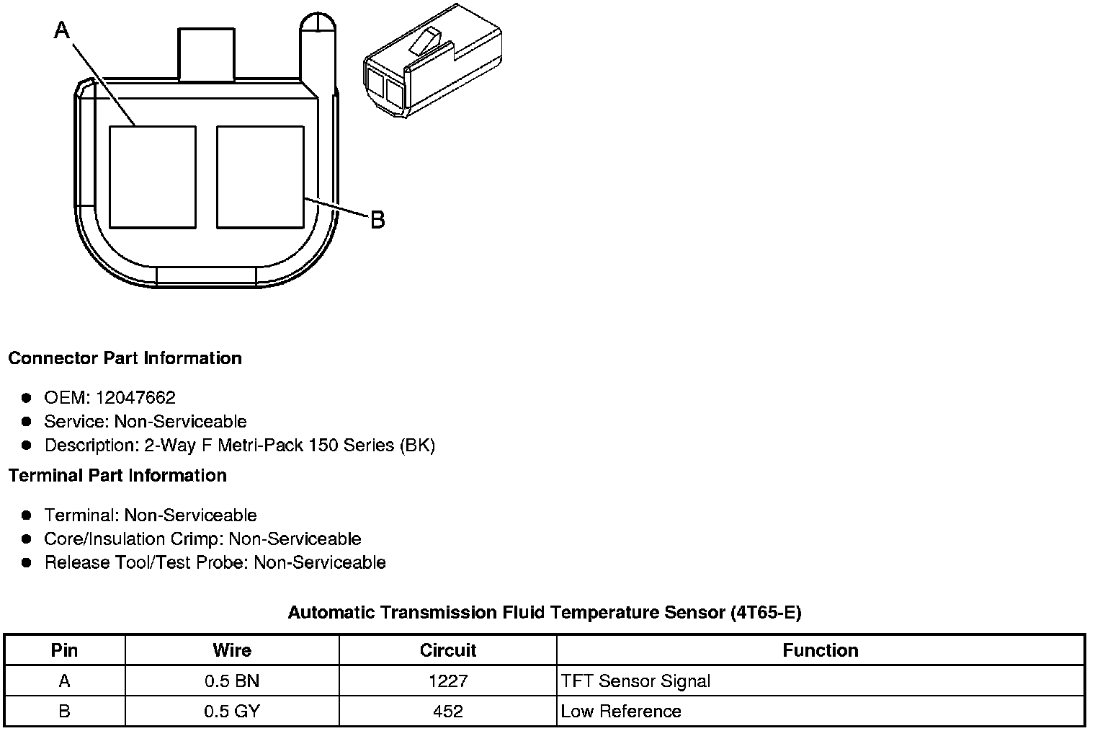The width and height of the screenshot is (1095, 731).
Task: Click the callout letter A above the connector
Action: click(x=63, y=30)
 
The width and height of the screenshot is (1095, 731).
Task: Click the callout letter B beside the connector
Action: click(x=377, y=219)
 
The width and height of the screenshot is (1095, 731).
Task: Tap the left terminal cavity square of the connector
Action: click(x=152, y=177)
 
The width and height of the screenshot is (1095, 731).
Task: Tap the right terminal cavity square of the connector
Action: click(x=260, y=177)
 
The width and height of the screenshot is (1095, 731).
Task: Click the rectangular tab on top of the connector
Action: click(x=206, y=55)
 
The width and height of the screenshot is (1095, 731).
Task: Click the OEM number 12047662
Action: click(x=135, y=398)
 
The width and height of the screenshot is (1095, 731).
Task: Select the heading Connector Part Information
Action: click(x=125, y=358)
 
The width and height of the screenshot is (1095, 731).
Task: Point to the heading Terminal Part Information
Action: click(x=117, y=476)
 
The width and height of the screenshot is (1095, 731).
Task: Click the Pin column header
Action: click(x=64, y=650)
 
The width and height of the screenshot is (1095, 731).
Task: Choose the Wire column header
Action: click(x=232, y=650)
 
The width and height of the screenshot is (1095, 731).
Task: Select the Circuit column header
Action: click(x=448, y=650)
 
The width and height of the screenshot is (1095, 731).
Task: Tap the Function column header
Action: click(x=821, y=650)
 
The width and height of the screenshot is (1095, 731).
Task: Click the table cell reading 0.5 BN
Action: click(x=232, y=681)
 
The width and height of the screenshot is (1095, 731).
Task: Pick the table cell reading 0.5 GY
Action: click(x=232, y=712)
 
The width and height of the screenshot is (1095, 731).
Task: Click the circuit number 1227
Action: click(x=448, y=681)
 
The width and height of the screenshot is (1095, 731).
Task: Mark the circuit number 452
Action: click(x=448, y=712)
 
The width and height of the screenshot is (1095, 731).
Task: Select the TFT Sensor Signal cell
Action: click(x=635, y=681)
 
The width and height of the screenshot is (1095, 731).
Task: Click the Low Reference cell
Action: click(x=621, y=712)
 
